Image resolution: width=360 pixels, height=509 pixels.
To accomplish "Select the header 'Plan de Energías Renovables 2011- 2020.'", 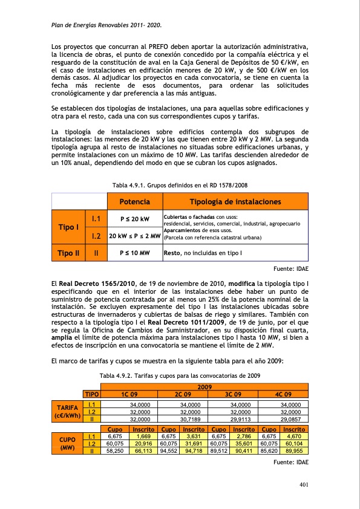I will (x=108, y=25).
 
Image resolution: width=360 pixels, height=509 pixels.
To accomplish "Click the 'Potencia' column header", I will (x=134, y=201).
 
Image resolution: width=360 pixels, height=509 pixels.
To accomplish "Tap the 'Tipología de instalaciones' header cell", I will (x=235, y=201).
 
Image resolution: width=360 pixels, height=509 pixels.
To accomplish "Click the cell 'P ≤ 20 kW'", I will (x=134, y=218).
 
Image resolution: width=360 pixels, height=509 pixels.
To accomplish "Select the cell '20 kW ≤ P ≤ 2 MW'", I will (x=134, y=236).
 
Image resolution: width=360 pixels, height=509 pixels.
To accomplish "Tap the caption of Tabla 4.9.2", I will (x=180, y=375).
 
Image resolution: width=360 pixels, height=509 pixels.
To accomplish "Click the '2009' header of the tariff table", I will (x=205, y=386).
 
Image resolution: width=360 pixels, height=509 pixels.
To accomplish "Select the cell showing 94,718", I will (x=194, y=450).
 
